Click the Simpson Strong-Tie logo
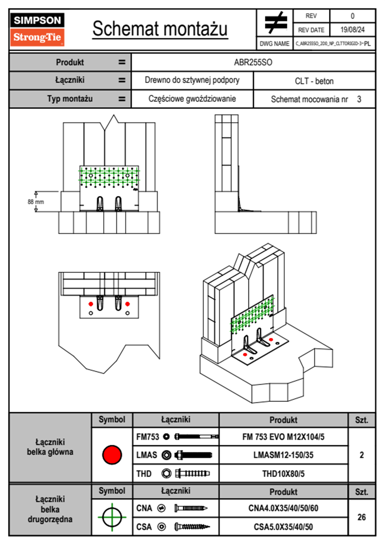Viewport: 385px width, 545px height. coord(37,29)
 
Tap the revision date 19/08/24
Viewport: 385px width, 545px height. coord(352,30)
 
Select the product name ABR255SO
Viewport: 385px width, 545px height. coord(253,62)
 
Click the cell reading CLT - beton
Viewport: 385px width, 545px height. coord(314,81)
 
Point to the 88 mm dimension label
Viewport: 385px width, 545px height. coord(36,202)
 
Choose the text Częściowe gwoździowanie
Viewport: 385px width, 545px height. coord(192,99)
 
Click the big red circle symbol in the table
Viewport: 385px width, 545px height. coord(112,455)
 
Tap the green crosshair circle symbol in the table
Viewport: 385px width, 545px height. coord(112,517)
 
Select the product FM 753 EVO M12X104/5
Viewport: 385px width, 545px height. coord(283,437)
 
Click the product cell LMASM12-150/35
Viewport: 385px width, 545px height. coord(283,455)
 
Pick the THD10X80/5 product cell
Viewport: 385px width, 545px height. coord(283,474)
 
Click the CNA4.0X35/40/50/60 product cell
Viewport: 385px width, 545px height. coord(283,508)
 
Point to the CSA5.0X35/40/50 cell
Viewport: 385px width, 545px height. coord(283,527)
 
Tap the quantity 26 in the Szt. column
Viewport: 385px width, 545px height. coord(361,517)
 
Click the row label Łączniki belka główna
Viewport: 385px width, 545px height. coord(50,447)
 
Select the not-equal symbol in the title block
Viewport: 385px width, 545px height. coord(275,23)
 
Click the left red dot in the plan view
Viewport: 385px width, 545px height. coord(91,304)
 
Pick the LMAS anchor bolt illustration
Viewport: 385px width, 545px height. coord(193,455)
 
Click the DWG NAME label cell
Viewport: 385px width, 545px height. coord(274,44)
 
